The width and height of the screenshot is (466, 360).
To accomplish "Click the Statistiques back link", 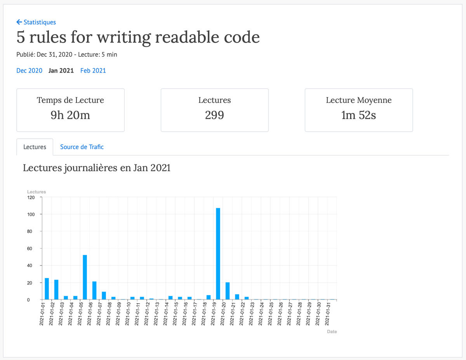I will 36,22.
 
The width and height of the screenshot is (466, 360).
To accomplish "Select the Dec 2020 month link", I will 29,71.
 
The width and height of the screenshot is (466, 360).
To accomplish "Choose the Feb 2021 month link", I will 93,71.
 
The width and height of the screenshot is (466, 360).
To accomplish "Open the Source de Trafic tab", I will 82,147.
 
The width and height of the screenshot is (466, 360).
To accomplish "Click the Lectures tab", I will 35,147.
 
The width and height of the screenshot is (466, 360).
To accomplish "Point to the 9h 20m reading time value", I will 70,115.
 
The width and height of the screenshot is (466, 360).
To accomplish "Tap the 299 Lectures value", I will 214,115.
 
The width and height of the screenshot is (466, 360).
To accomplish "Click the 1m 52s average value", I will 358,115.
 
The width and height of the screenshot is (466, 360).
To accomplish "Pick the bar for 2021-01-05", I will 85,277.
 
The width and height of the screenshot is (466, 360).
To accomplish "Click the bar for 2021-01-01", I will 47,289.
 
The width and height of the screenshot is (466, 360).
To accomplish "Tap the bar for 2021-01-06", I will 94,290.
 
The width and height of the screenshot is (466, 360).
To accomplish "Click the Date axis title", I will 332,332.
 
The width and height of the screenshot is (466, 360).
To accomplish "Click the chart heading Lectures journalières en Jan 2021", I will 97,168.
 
